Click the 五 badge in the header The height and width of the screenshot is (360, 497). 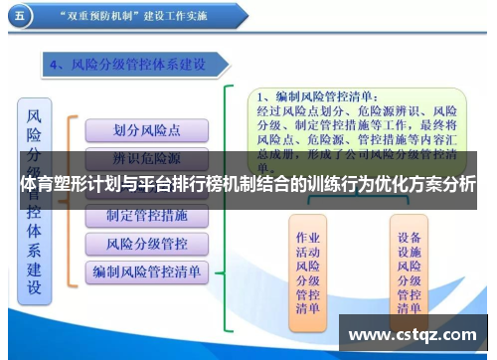point(19,17)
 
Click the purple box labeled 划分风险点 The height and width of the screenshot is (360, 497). point(146,130)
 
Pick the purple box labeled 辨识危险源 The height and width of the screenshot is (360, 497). point(146,159)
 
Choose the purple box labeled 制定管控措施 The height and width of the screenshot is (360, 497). point(146,215)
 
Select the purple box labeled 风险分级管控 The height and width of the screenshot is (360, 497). point(146,243)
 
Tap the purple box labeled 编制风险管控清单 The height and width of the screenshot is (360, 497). point(146,270)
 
